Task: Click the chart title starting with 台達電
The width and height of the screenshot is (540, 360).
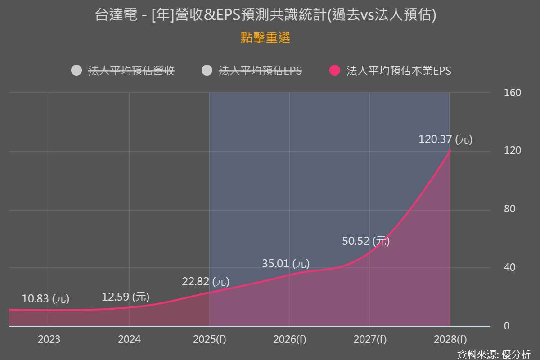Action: [265, 15]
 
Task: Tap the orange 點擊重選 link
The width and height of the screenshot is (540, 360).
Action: [265, 38]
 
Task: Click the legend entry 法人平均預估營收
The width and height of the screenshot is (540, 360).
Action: [131, 71]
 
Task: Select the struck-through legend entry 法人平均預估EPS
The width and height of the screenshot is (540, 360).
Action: [260, 71]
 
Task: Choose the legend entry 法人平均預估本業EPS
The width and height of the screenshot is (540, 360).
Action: [399, 71]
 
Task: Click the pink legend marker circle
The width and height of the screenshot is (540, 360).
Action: [335, 71]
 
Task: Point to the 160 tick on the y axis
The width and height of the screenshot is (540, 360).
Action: [513, 93]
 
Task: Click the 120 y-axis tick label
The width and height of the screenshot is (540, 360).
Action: [513, 151]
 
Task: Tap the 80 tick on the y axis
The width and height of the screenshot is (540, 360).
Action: [510, 209]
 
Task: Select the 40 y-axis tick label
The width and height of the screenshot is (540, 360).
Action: [510, 268]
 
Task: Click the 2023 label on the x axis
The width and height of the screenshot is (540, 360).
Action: [49, 339]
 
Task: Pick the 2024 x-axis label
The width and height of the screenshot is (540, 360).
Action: [129, 339]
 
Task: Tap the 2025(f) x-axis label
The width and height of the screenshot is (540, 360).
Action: [209, 339]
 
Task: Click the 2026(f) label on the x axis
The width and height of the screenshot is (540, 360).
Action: [289, 339]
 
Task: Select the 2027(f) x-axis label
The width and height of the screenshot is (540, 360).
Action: [369, 339]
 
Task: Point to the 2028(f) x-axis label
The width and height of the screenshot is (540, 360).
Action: [450, 339]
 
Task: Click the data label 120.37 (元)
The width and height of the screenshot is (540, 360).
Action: [445, 139]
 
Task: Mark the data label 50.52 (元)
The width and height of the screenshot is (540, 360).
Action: [366, 241]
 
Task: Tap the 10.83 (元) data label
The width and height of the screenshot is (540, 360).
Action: [45, 298]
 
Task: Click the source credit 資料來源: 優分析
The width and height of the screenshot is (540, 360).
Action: [494, 354]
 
